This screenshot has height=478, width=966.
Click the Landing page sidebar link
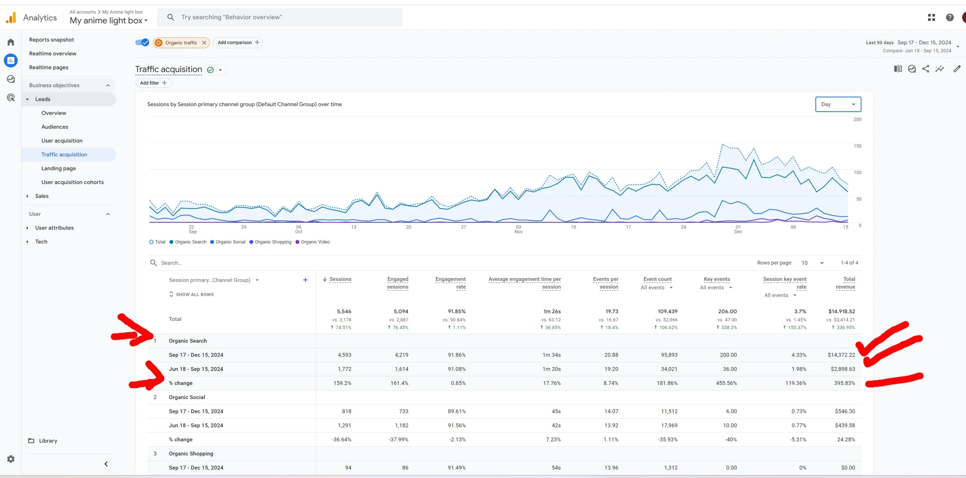click(58, 168)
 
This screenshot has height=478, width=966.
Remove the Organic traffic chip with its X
click(204, 43)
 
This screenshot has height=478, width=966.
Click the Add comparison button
click(238, 43)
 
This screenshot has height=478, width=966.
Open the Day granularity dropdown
click(838, 104)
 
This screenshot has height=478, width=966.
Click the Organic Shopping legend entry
click(273, 242)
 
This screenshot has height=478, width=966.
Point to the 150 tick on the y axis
click(857, 146)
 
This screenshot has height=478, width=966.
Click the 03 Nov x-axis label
click(518, 229)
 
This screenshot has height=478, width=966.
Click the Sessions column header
click(340, 279)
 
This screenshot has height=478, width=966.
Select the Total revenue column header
click(846, 283)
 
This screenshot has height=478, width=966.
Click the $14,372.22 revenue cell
click(841, 355)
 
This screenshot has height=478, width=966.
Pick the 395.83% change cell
click(844, 383)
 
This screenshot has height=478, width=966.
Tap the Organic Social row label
click(187, 397)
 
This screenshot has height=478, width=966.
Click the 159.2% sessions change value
click(342, 383)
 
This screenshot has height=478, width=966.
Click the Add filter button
click(153, 83)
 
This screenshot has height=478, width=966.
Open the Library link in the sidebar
click(48, 441)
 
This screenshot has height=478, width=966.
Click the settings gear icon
click(11, 459)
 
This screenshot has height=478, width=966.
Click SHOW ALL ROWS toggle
click(194, 295)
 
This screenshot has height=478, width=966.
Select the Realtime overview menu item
click(52, 54)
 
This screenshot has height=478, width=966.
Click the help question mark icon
click(949, 17)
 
